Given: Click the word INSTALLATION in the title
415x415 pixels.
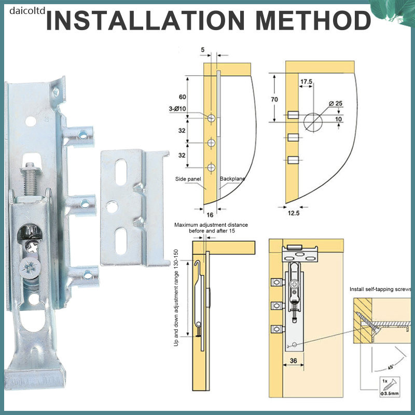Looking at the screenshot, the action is click(x=145, y=20).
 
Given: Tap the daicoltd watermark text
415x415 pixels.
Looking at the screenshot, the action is click(x=27, y=11).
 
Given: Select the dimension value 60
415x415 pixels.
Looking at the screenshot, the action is click(x=183, y=97).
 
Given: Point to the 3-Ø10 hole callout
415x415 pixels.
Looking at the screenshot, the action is click(x=177, y=109).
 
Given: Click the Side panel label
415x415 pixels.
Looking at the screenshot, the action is click(x=188, y=179).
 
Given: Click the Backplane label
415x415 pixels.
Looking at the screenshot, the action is click(x=232, y=178).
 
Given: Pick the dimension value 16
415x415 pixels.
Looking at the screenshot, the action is click(x=210, y=215).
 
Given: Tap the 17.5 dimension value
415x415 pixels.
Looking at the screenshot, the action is click(x=306, y=81).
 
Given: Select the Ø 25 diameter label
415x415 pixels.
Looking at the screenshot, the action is click(x=336, y=103).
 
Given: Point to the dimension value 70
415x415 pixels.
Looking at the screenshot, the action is click(x=274, y=100).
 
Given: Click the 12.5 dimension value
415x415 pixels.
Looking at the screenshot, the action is click(x=294, y=213).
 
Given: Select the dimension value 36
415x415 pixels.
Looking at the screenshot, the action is click(x=293, y=361).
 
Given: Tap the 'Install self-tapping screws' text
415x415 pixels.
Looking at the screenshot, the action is click(x=380, y=289).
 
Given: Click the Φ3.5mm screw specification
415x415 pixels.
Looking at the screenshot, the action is click(x=390, y=393).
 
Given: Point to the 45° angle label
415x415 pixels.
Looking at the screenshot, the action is click(x=391, y=367).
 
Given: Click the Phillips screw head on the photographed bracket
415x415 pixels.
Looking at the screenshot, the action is click(x=30, y=268).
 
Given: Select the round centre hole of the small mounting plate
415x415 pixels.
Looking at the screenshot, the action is click(x=112, y=207).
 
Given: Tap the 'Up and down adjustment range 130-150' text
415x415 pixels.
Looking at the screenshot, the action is click(x=176, y=298).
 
